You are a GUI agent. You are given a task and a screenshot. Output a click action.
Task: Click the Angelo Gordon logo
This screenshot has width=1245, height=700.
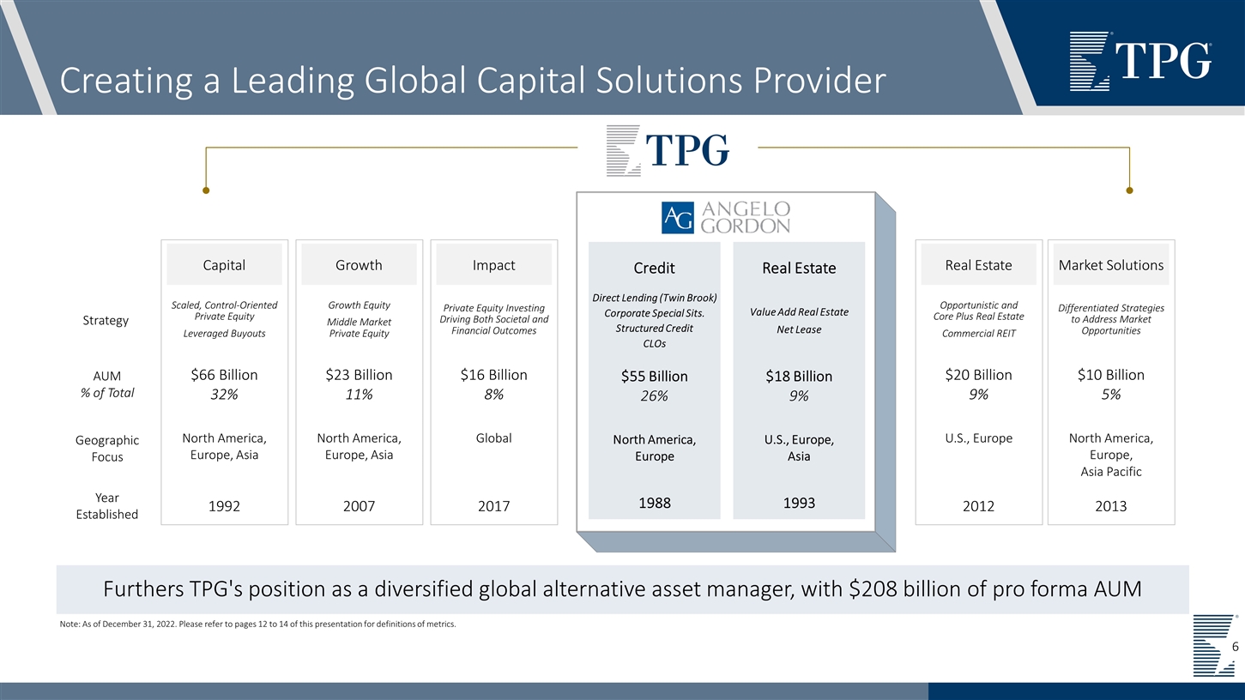click(x=726, y=218)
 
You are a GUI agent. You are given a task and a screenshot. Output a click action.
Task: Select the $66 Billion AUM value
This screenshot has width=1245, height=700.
click(x=224, y=375)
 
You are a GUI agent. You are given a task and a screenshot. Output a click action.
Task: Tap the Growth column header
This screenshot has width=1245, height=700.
click(x=359, y=265)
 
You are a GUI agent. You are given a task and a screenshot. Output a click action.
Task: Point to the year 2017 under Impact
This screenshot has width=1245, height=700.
click(x=493, y=506)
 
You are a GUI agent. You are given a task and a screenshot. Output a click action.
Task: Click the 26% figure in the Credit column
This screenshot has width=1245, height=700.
click(x=654, y=395)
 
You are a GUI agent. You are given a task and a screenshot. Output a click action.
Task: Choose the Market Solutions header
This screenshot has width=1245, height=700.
click(x=1111, y=265)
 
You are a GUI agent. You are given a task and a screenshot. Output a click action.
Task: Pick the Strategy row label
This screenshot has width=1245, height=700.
click(x=106, y=320)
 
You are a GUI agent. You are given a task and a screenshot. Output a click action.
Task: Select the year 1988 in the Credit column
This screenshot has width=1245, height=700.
click(x=654, y=504)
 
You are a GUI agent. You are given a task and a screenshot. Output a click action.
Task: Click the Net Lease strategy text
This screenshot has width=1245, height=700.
click(x=799, y=329)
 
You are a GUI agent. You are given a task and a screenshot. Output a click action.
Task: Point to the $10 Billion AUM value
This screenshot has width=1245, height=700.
click(x=1111, y=375)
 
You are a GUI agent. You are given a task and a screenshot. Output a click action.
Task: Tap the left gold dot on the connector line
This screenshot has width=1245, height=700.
click(x=206, y=190)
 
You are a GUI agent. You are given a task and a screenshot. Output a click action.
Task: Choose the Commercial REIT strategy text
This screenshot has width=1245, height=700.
click(x=978, y=334)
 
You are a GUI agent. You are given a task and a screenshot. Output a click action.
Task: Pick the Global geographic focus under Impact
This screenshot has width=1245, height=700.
click(x=493, y=438)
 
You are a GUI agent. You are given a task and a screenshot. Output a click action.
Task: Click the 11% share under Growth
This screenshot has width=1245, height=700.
click(x=359, y=395)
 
